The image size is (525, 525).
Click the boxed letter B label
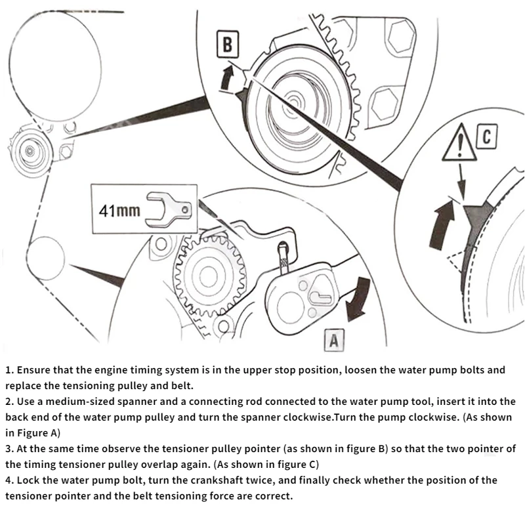[227, 45]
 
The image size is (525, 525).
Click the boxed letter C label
[486, 137]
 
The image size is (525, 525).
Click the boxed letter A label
[333, 341]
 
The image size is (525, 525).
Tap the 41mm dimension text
[119, 211]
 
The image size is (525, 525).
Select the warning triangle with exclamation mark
[459, 142]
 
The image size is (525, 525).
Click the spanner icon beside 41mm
[170, 210]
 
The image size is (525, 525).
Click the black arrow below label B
[226, 77]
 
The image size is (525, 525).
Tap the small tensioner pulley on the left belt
[30, 150]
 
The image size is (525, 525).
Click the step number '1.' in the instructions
[10, 370]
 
